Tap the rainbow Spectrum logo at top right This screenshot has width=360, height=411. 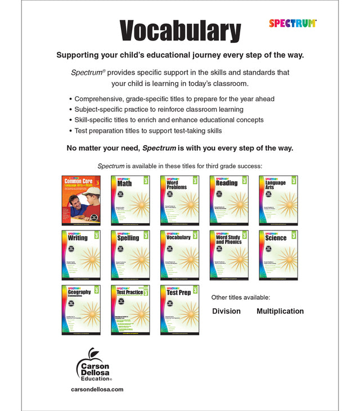pyautogui.click(x=292, y=23)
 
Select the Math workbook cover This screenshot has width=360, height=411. pyautogui.click(x=130, y=200)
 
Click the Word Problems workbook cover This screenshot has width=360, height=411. pyautogui.click(x=180, y=200)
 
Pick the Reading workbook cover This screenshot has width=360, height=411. pyautogui.click(x=229, y=200)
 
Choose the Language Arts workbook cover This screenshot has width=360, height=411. pyautogui.click(x=278, y=200)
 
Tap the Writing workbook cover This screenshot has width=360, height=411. pyautogui.click(x=81, y=255)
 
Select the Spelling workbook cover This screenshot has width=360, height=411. pyautogui.click(x=130, y=255)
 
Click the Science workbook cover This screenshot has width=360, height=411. pyautogui.click(x=278, y=255)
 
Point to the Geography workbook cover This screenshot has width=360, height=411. pyautogui.click(x=81, y=309)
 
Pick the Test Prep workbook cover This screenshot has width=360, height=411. pyautogui.click(x=180, y=309)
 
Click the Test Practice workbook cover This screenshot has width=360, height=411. pyautogui.click(x=130, y=309)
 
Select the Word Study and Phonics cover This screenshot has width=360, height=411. pyautogui.click(x=229, y=255)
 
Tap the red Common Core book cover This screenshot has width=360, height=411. pyautogui.click(x=81, y=200)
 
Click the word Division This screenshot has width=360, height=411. pyautogui.click(x=226, y=311)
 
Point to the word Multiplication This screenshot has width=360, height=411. pyautogui.click(x=280, y=311)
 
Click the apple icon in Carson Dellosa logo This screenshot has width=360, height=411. pyautogui.click(x=91, y=356)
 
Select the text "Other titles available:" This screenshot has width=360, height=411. pyautogui.click(x=241, y=297)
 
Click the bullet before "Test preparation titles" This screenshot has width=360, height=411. pyautogui.click(x=70, y=131)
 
